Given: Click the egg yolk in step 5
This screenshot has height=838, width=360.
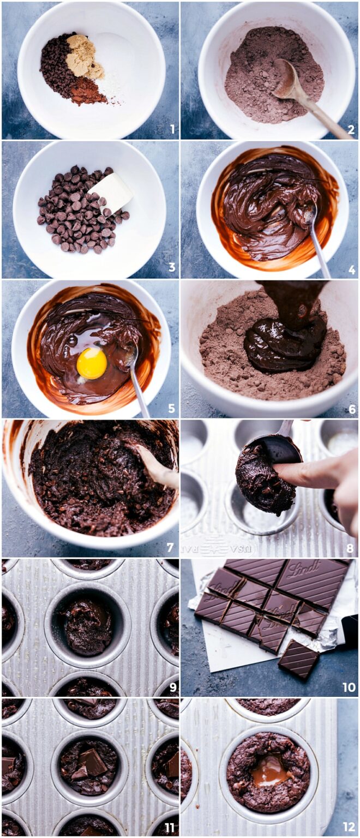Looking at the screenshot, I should (x=92, y=363).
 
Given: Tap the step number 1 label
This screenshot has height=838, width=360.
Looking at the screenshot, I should (x=172, y=129).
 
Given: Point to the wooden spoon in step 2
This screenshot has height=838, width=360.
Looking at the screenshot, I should (x=305, y=98).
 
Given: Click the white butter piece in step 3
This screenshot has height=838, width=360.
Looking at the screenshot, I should (x=112, y=191).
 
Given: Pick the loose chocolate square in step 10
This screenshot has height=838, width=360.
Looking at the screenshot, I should (x=298, y=659).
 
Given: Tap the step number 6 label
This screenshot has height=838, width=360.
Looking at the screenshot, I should (x=351, y=409).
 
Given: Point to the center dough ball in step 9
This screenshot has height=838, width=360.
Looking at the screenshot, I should (x=88, y=625).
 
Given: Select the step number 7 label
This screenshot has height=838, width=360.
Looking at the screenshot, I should (x=170, y=548).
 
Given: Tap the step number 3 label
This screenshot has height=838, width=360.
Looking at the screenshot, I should (x=172, y=268).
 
